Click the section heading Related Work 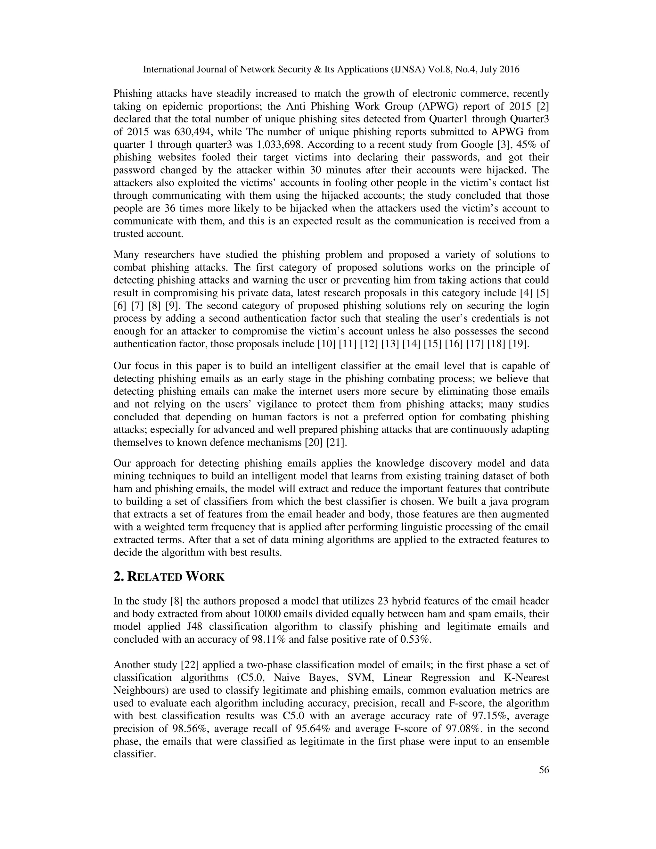tap(169, 576)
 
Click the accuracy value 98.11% tap(268, 639)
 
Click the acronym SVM tap(360, 678)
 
